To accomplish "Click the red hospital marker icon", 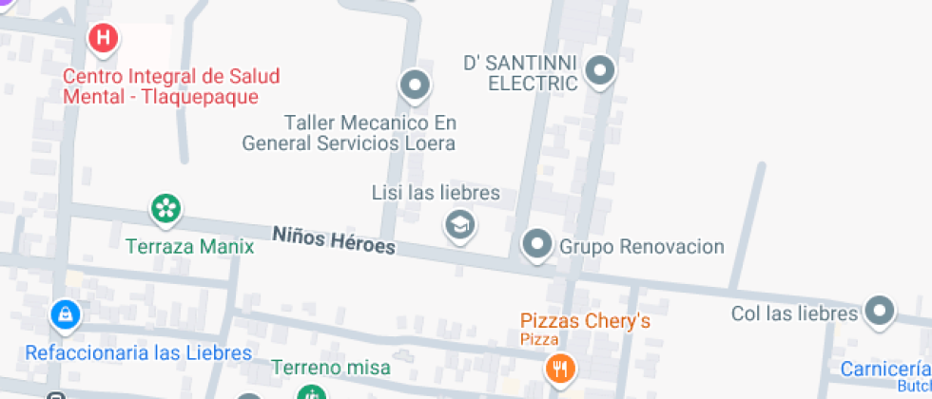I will (x=103, y=39).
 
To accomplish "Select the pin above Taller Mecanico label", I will (x=414, y=86).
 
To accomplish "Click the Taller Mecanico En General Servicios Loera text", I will (x=349, y=133).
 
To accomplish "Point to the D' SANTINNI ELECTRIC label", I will (x=520, y=73).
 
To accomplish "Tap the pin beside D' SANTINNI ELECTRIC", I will (x=599, y=69).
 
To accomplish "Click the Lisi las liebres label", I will (x=436, y=193).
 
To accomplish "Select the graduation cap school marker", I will (x=460, y=225).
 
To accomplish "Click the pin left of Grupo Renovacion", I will (x=537, y=244).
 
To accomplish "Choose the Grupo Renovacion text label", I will (x=642, y=247).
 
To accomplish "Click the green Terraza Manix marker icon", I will (x=165, y=208).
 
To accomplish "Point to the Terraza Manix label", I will (x=190, y=247).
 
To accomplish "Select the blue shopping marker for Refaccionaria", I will (x=64, y=314).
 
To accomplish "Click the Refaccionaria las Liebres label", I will (x=139, y=353).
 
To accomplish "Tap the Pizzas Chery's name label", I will (x=585, y=321).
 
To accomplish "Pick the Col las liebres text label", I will (x=795, y=313).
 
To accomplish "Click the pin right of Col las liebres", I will (x=880, y=311).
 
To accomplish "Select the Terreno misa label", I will (x=330, y=367).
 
